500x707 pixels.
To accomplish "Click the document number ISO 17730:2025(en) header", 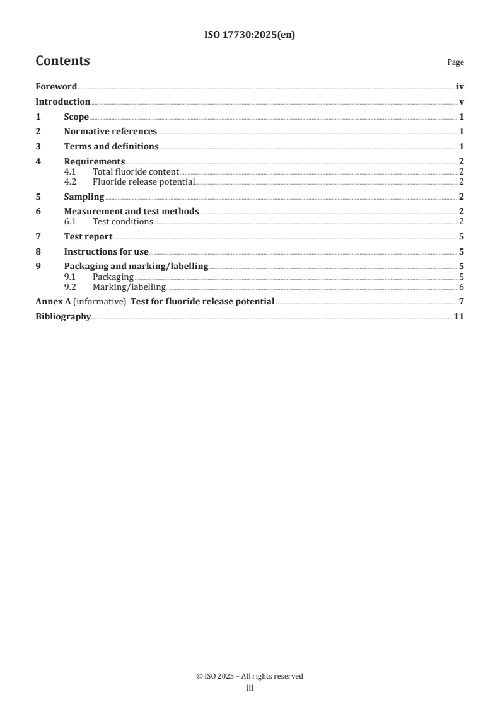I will [250, 35].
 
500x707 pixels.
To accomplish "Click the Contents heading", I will [62, 61].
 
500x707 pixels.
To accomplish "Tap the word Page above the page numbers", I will [455, 62].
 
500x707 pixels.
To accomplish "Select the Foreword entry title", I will [56, 87].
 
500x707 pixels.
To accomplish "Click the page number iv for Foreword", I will [460, 87].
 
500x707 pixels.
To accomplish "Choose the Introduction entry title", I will [63, 102].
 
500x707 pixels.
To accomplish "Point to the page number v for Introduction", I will [462, 102].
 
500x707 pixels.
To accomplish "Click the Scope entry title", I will [76, 117].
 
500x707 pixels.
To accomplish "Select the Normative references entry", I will [110, 132].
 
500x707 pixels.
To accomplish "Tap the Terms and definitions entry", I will [111, 147].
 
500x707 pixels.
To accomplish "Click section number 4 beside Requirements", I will [38, 162].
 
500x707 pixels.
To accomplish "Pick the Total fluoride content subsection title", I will [136, 171].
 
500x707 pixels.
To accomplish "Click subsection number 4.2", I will [71, 182].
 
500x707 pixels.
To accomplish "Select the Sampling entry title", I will [84, 197].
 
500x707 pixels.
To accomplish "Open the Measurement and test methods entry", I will [131, 212].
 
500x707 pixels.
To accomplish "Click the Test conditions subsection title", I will [122, 222].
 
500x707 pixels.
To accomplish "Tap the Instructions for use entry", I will [106, 252].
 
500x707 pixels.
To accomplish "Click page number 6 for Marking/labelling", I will [462, 287].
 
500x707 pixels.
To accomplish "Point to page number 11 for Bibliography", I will [459, 316].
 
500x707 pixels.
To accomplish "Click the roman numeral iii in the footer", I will [250, 689].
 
